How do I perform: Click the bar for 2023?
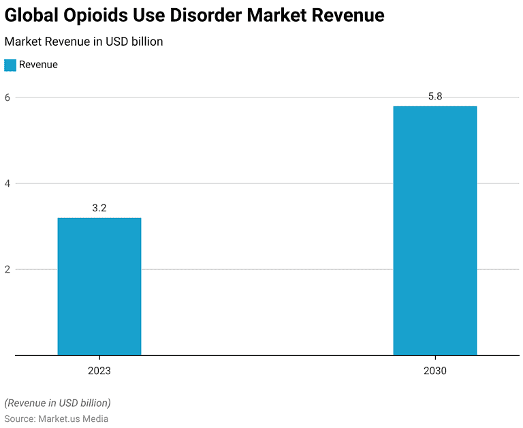pyautogui.click(x=99, y=286)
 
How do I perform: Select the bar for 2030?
pyautogui.click(x=434, y=230)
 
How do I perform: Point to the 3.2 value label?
pyautogui.click(x=99, y=208)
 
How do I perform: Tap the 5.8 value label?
pyautogui.click(x=434, y=97)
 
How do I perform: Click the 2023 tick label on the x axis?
pyautogui.click(x=99, y=371)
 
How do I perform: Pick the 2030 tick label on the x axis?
pyautogui.click(x=434, y=371)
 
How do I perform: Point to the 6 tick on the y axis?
pyautogui.click(x=8, y=97)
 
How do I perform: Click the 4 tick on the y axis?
pyautogui.click(x=8, y=183)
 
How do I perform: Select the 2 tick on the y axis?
pyautogui.click(x=8, y=269)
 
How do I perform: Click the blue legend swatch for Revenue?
pyautogui.click(x=10, y=65)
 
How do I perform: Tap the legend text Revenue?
pyautogui.click(x=38, y=65)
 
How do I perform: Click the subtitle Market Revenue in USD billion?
pyautogui.click(x=84, y=42)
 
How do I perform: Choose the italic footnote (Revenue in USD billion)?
pyautogui.click(x=57, y=403)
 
